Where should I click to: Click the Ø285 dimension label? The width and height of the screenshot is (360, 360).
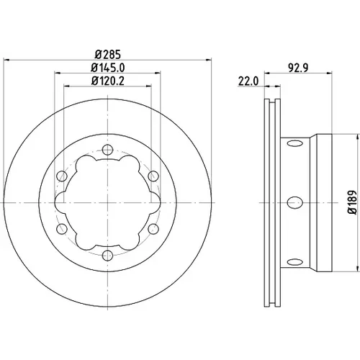[108, 54]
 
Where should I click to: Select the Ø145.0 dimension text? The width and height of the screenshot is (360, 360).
[108, 68]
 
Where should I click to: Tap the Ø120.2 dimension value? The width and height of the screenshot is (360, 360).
[108, 81]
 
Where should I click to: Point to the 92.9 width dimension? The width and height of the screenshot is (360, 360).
[298, 68]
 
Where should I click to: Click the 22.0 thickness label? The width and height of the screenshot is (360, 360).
[248, 81]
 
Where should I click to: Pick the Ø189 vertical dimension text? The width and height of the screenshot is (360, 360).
[352, 203]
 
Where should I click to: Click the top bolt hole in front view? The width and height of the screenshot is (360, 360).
[107, 150]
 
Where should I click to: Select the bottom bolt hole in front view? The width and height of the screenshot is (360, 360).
[107, 256]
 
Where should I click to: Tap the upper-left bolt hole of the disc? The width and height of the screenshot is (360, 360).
[62, 176]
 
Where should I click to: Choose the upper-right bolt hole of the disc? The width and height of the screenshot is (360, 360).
[153, 176]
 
